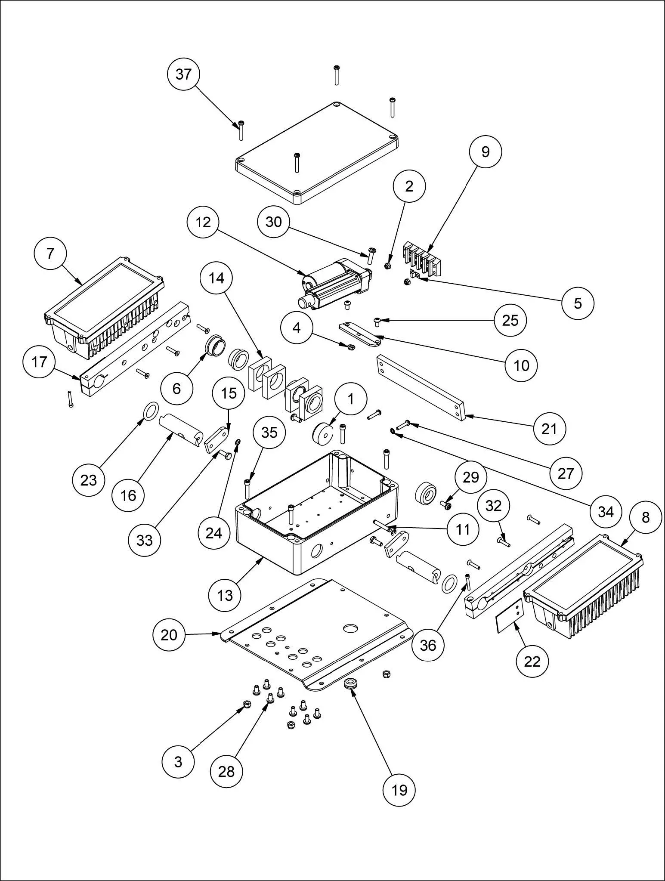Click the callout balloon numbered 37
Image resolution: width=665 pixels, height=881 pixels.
pos(183,74)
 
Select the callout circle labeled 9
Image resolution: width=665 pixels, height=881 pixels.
pos(485,152)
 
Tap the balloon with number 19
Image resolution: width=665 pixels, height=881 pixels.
pos(399,790)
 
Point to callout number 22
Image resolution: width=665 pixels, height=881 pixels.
pos(532,661)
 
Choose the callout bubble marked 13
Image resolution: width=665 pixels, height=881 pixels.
pos(225,596)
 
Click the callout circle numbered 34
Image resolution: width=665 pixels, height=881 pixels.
pos(605,511)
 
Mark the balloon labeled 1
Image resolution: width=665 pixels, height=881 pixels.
pos(351,399)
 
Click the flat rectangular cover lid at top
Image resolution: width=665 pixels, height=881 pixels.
pos(316,153)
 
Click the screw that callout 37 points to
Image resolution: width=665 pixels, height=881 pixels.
pos(241,130)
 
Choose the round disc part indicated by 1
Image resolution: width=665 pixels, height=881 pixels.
pos(322,433)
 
